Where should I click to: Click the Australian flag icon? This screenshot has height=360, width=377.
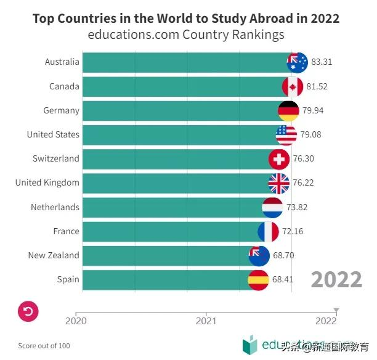click(298, 62)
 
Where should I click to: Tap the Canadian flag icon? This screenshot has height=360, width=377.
click(293, 86)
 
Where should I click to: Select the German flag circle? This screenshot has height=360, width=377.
click(288, 110)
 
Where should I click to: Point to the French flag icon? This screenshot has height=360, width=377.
click(268, 232)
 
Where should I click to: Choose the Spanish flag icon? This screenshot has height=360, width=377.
click(258, 280)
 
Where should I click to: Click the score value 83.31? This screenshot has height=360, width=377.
click(322, 62)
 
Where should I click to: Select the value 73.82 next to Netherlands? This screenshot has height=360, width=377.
click(296, 207)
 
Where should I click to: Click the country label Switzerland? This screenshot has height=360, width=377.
click(56, 158)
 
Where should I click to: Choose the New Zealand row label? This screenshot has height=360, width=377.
click(54, 255)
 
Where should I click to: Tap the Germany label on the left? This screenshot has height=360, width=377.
click(61, 110)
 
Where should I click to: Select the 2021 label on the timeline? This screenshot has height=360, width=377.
click(206, 321)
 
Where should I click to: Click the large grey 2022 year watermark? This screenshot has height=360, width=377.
click(336, 279)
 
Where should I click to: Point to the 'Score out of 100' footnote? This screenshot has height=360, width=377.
click(44, 346)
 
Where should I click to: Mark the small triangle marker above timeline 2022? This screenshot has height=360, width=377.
click(336, 309)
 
